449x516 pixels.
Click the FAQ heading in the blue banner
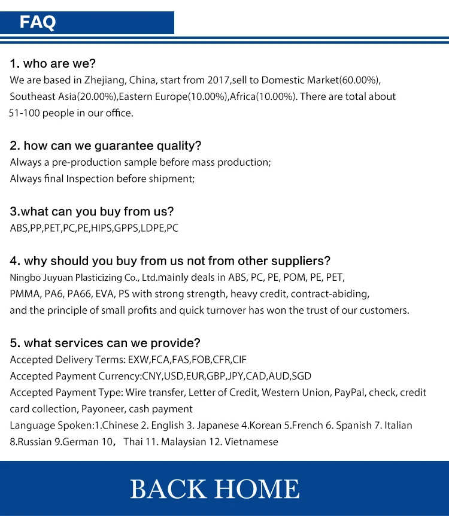(38, 23)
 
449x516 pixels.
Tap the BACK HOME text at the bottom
(215, 488)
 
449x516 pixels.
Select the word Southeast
(33, 96)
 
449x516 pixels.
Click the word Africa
(243, 96)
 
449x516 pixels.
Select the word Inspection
(89, 178)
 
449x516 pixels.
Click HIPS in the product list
(102, 228)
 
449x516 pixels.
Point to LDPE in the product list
(151, 228)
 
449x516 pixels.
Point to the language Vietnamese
(250, 442)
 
